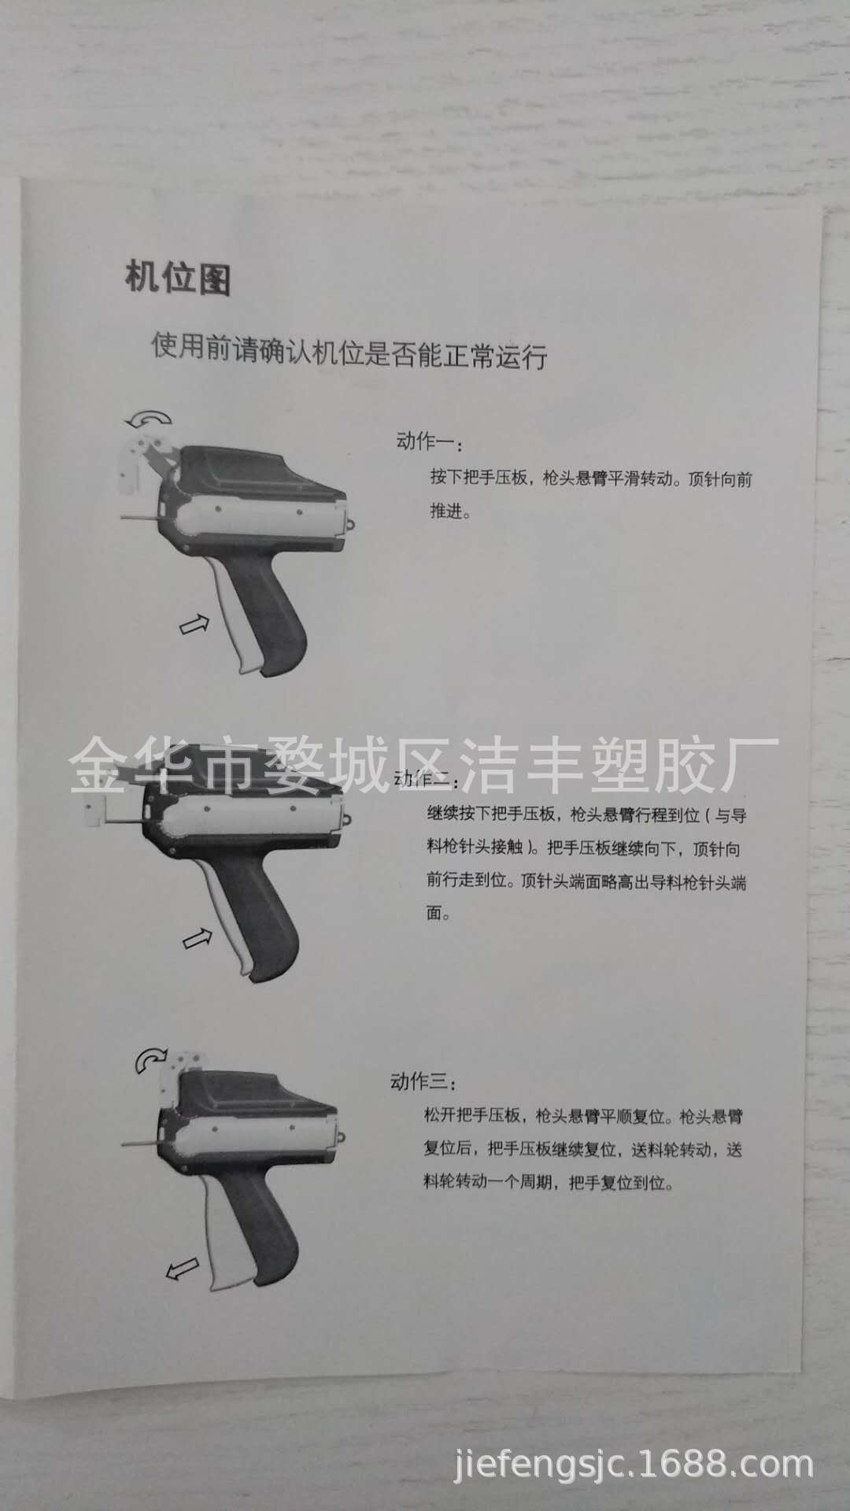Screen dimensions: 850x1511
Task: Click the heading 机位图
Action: [178, 278]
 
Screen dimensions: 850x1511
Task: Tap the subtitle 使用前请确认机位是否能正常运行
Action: [349, 352]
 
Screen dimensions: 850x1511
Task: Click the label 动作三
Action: [423, 1081]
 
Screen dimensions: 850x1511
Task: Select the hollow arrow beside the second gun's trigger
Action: [198, 937]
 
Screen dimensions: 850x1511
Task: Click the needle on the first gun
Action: [142, 517]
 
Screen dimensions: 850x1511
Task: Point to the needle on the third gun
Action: [142, 1141]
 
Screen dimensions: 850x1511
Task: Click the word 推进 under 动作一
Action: [449, 512]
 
